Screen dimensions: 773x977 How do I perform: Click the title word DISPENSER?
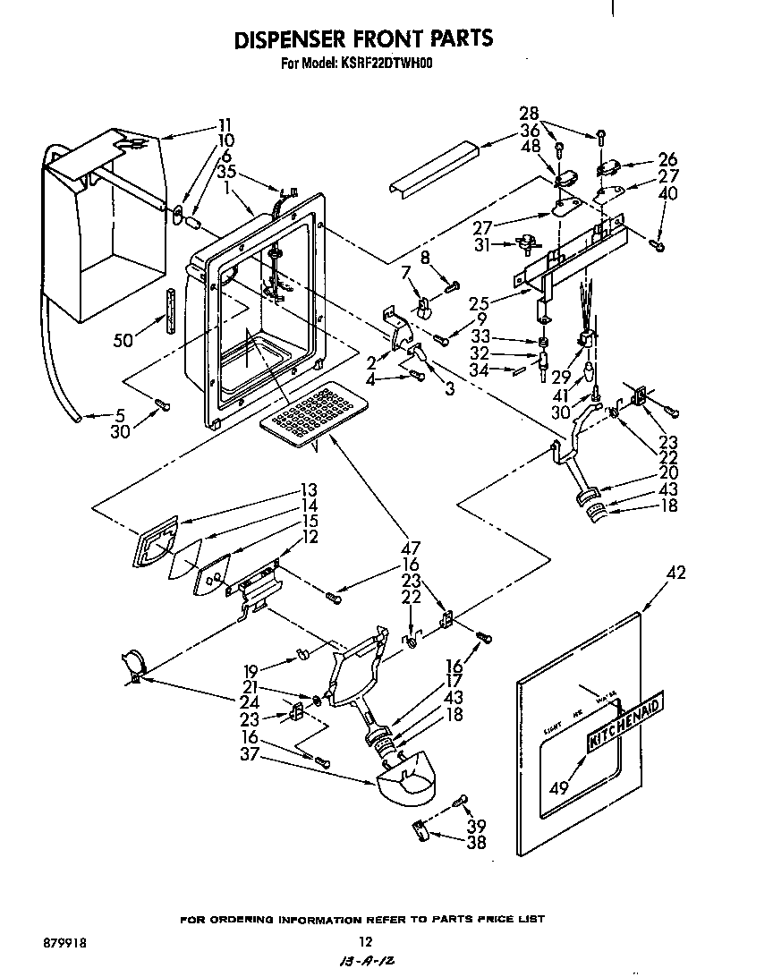(289, 39)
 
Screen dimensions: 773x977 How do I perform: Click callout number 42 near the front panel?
(676, 573)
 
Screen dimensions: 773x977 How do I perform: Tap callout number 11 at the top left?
(225, 124)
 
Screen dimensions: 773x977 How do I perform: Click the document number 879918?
(64, 943)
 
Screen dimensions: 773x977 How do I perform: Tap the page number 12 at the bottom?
(364, 941)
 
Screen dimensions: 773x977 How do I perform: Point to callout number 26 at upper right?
(667, 161)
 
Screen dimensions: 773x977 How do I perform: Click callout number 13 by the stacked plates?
(310, 489)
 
